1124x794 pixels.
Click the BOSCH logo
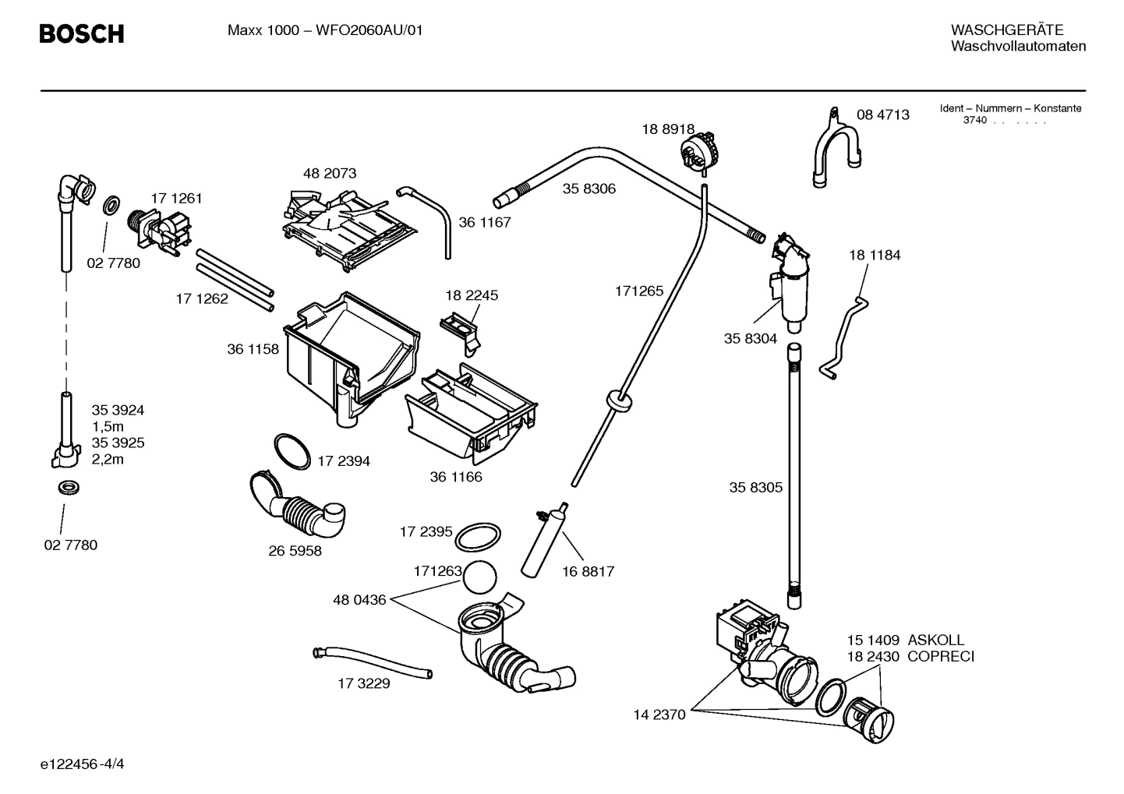tap(81, 34)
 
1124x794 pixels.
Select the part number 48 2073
tap(329, 173)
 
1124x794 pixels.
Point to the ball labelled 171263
tap(479, 579)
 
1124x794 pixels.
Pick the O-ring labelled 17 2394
tap(292, 453)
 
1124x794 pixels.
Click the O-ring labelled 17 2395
tap(477, 537)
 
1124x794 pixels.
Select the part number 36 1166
tap(455, 477)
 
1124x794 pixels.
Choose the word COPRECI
tap(940, 657)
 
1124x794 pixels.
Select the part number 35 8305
tap(755, 488)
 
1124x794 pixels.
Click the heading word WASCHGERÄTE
tap(1006, 30)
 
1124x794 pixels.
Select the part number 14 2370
tap(659, 715)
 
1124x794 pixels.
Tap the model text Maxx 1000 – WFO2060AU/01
tap(325, 31)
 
